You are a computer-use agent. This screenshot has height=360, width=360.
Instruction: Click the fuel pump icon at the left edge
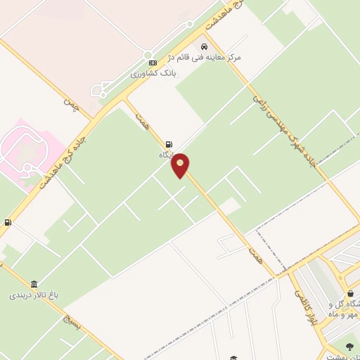tap(8, 223)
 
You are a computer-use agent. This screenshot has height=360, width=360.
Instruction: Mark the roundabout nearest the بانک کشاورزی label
tap(148, 55)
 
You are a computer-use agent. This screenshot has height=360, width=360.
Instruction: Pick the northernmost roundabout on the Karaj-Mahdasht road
tap(190, 22)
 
